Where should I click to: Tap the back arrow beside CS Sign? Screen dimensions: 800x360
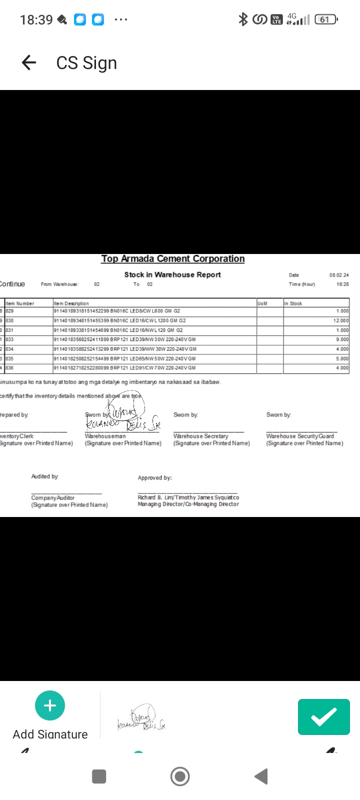29,62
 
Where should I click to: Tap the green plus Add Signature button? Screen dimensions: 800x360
50,705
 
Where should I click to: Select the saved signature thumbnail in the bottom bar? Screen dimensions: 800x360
141,718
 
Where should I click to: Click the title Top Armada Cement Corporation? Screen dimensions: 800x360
173,258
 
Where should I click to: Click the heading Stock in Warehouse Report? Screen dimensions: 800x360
172,274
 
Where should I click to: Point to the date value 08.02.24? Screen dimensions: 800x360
339,275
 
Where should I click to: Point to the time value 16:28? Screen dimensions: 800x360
342,284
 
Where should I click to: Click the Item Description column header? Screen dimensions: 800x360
71,303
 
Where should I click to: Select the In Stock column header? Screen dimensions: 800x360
293,303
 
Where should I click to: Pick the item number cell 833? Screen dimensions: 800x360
10,339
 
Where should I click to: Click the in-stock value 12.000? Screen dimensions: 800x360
341,320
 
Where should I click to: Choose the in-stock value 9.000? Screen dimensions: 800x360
342,339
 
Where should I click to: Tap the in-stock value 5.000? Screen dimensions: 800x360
342,358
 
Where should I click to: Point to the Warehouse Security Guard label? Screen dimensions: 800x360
300,436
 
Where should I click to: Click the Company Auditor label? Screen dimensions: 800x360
53,497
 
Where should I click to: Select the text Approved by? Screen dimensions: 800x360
154,477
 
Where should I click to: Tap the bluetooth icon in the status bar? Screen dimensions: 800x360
243,19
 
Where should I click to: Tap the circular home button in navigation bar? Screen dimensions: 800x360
180,776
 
